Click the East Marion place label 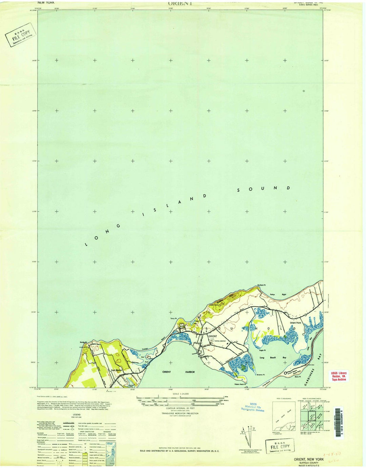[116, 370]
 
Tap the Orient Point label [295, 323]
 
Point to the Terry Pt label [174, 318]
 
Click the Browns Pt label [260, 375]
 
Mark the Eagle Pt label [262, 350]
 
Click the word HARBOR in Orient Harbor [190, 372]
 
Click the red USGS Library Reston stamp [339, 376]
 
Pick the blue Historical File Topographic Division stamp [252, 407]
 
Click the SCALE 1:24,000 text [180, 394]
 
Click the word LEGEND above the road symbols [77, 414]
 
